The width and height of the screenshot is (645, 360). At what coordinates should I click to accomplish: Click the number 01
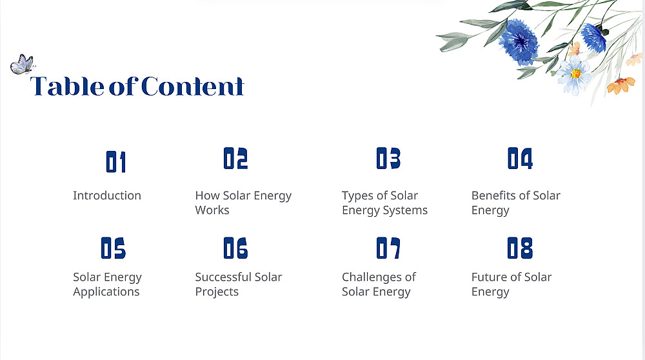pos(115,162)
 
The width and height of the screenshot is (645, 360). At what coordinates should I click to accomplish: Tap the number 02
pos(235,159)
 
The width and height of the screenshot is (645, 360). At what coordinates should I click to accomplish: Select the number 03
pos(388,159)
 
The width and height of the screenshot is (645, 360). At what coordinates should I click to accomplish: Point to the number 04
pos(520,159)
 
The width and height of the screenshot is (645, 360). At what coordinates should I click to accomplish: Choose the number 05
pos(113,248)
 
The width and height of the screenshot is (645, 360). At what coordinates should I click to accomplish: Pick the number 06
pos(235,248)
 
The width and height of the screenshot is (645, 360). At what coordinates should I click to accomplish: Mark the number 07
pos(388,248)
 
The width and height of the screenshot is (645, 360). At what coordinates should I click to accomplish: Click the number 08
pos(520,248)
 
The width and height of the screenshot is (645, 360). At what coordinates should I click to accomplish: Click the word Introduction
pos(107,195)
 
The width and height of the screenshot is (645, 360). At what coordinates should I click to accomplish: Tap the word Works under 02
pos(212,210)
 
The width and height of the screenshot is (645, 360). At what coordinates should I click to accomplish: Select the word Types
pos(359,196)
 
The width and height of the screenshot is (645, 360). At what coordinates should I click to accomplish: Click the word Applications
pos(106,292)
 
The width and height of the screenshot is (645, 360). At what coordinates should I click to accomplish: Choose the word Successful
pos(223,277)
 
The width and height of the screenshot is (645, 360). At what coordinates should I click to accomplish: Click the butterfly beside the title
pos(22,64)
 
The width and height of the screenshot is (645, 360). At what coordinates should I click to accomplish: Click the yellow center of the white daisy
pos(576,74)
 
